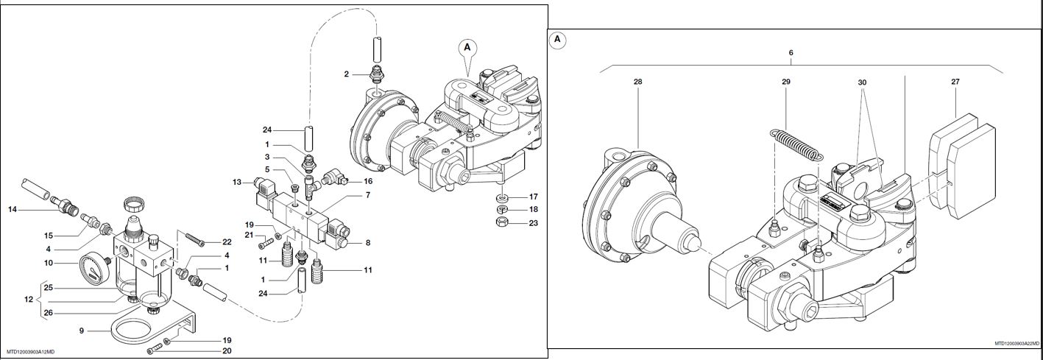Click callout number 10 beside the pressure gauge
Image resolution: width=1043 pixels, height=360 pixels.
point(49,263)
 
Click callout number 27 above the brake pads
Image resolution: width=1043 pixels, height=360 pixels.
point(955,82)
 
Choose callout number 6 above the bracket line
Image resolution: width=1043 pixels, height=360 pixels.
point(791,53)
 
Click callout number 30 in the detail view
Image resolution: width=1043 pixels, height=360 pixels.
point(864,82)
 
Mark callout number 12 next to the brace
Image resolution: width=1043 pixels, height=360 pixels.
point(29,300)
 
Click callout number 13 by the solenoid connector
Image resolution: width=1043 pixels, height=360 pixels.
point(237,182)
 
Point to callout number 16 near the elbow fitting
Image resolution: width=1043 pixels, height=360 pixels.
point(368,180)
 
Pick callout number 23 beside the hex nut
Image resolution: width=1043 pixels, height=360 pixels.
point(534,223)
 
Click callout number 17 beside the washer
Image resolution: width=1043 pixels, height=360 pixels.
point(534,197)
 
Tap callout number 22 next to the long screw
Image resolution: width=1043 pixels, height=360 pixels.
point(227,242)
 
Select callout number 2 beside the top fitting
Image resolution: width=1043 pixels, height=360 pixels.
point(346,74)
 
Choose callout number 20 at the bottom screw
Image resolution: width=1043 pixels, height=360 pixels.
point(227,351)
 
